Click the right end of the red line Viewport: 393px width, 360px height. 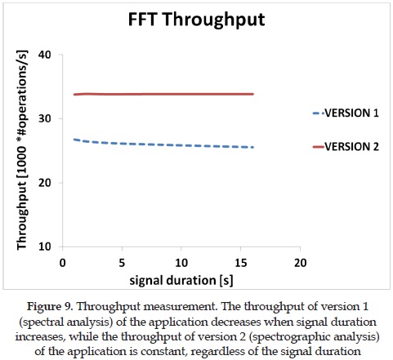click(253, 94)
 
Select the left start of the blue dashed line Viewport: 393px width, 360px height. click(74, 140)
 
